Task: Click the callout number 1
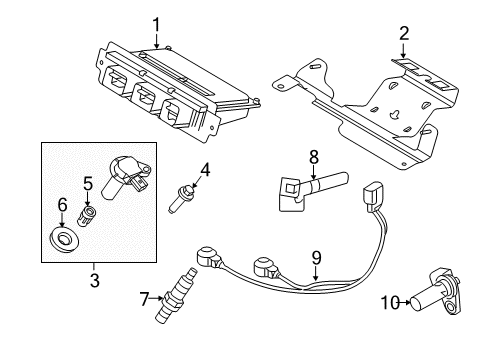pyautogui.click(x=156, y=26)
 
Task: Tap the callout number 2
pyautogui.click(x=404, y=34)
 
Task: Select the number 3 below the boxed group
pyautogui.click(x=95, y=280)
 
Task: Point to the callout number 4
pyautogui.click(x=205, y=170)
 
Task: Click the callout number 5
pyautogui.click(x=88, y=184)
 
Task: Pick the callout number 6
pyautogui.click(x=62, y=204)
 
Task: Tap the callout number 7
pyautogui.click(x=144, y=299)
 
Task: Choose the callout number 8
pyautogui.click(x=314, y=157)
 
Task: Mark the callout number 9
pyautogui.click(x=316, y=258)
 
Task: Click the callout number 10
pyautogui.click(x=390, y=303)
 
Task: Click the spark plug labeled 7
pyautogui.click(x=176, y=295)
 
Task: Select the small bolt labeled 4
pyautogui.click(x=181, y=199)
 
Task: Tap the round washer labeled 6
pyautogui.click(x=64, y=239)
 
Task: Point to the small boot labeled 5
pyautogui.click(x=87, y=216)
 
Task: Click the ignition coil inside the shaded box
pyautogui.click(x=125, y=177)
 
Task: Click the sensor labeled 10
pyautogui.click(x=436, y=291)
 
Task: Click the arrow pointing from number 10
pyautogui.click(x=405, y=303)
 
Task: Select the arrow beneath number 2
pyautogui.click(x=403, y=51)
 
